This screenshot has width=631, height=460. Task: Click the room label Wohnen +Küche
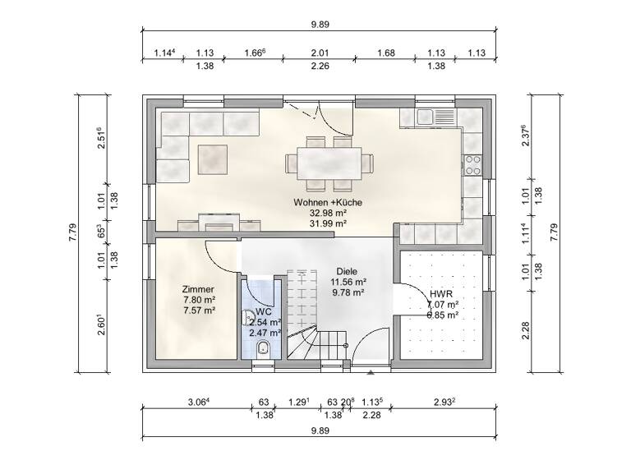click(x=328, y=202)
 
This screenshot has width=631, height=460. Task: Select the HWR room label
click(x=440, y=293)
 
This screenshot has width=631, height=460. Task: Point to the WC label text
click(x=263, y=312)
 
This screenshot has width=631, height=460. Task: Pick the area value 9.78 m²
click(x=348, y=291)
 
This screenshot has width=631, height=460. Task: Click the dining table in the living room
click(x=328, y=160)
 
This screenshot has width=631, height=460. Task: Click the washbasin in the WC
click(x=248, y=316)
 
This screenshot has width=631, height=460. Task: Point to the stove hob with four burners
click(x=473, y=164)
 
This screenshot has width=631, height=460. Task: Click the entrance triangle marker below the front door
click(x=371, y=373)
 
